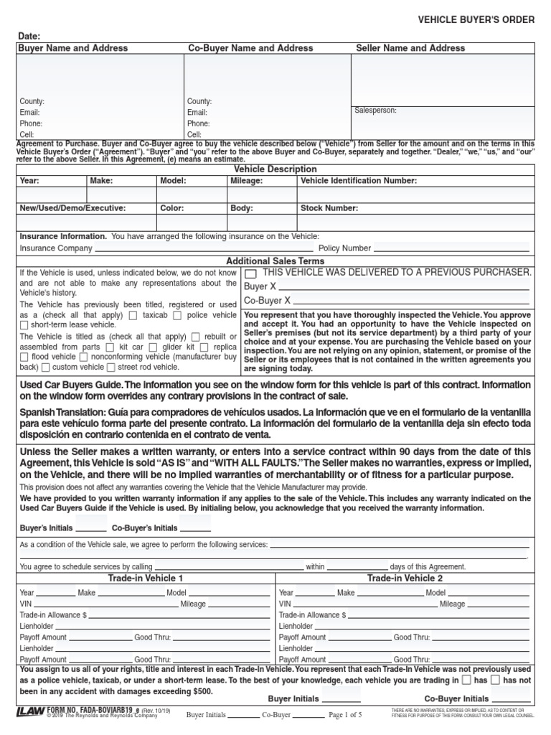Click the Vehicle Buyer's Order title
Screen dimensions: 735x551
(x=476, y=19)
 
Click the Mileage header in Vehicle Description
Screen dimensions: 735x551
(x=246, y=181)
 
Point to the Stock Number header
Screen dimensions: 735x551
(x=329, y=208)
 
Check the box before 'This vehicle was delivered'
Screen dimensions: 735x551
(x=251, y=273)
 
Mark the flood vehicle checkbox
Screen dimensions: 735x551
(x=24, y=357)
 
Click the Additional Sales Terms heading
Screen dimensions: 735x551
(x=275, y=262)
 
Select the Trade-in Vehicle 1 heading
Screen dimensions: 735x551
(x=146, y=578)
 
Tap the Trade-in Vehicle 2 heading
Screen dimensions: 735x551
(x=405, y=578)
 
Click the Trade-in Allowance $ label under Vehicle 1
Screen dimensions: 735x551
(x=53, y=615)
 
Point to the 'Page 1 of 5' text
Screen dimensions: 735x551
(x=345, y=715)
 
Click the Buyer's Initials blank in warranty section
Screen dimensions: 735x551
(x=91, y=528)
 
